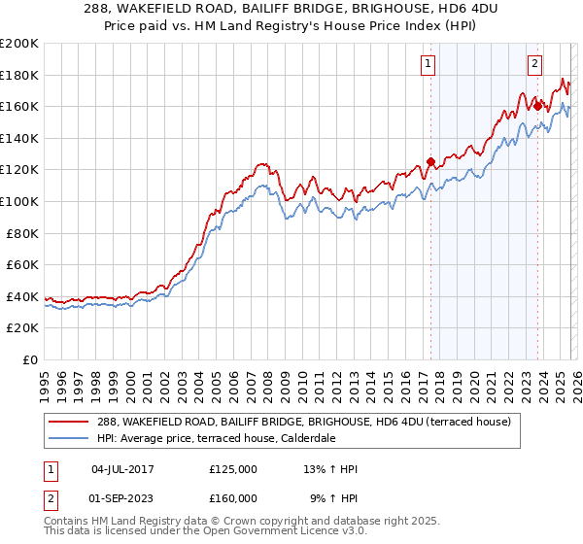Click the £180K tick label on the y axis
(x=19, y=75)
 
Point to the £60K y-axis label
(x=22, y=264)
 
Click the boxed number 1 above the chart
(x=429, y=65)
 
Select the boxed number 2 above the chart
(x=534, y=65)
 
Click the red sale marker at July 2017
(x=430, y=162)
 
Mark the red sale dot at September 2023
(x=536, y=107)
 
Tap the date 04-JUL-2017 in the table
(x=122, y=469)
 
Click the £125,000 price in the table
(x=233, y=469)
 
